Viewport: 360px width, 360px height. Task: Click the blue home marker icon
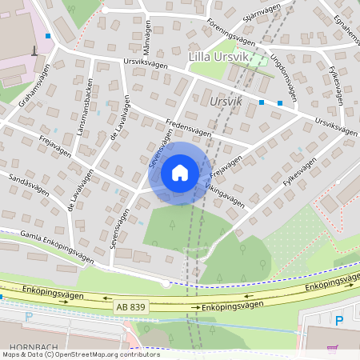180,173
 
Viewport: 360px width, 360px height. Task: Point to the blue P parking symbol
338,321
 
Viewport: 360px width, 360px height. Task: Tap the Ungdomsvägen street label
283,77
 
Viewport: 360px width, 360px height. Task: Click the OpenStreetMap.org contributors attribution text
103,354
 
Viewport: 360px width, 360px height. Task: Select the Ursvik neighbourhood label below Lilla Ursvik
223,102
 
